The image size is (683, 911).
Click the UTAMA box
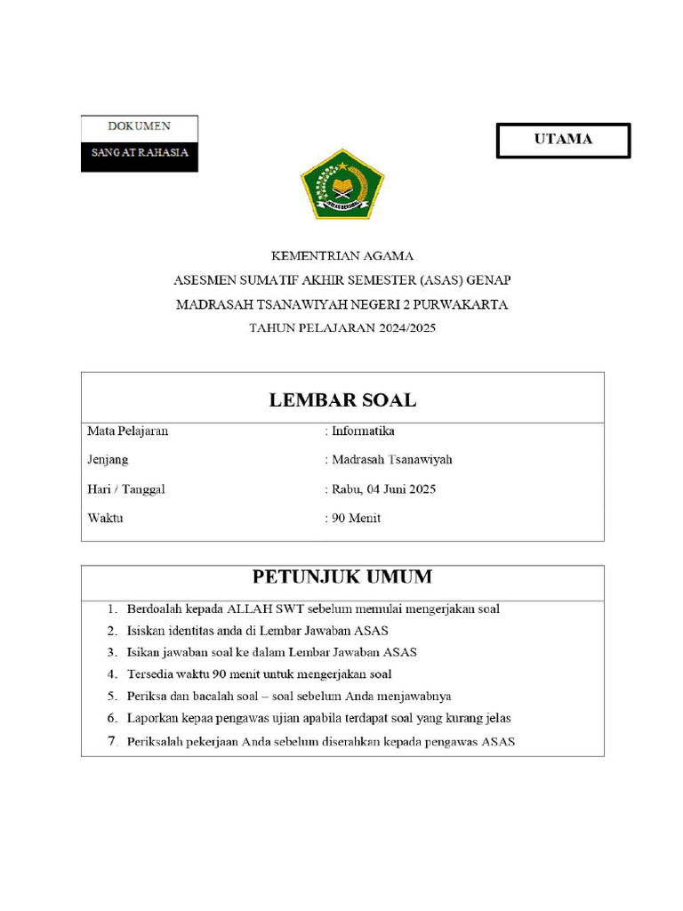563,140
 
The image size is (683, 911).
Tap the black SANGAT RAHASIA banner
140,153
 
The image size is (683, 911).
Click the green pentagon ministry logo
341,185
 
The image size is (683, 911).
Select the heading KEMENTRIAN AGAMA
342,255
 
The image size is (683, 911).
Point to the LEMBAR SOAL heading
342,400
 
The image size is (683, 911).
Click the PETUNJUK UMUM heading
342,577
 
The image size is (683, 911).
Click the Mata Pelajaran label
128,431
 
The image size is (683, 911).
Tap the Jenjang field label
108,460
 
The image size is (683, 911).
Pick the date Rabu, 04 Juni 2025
383,489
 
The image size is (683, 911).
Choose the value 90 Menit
356,519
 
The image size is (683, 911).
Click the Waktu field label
106,519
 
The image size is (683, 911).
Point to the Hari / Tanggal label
126,489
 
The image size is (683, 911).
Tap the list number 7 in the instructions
112,741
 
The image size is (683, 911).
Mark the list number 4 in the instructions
112,674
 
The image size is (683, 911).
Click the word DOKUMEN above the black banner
140,126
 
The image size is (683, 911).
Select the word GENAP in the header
489,280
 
